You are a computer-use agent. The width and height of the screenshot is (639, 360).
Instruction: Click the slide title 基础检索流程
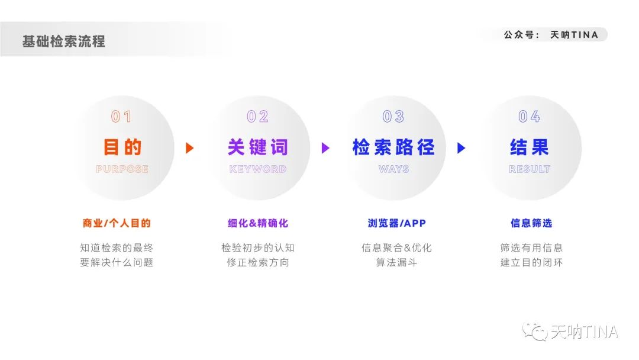point(64,41)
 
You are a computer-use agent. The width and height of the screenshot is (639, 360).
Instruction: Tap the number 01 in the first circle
point(122,117)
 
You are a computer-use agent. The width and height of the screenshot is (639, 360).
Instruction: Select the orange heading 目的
point(122,147)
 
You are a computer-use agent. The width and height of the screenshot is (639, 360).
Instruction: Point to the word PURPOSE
point(122,169)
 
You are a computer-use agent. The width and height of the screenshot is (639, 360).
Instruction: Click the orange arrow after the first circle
point(189,148)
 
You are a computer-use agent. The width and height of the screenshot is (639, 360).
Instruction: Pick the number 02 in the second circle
point(258,117)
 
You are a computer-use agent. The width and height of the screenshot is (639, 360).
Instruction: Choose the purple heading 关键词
point(258,147)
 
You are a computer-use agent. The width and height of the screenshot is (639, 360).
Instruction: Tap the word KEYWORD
point(258,169)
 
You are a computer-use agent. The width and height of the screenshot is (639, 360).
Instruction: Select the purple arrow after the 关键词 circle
point(325,148)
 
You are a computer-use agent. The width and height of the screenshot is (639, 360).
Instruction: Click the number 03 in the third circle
point(393,117)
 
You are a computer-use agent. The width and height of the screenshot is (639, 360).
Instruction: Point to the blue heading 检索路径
point(393,147)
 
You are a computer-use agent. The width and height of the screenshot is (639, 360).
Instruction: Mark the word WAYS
point(393,169)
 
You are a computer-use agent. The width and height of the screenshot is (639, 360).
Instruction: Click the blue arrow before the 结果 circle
point(461,148)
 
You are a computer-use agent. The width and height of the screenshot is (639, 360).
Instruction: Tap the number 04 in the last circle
point(530,117)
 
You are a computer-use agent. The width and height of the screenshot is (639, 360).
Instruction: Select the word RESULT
point(530,169)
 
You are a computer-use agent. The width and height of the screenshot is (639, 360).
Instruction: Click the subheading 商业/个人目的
point(117,223)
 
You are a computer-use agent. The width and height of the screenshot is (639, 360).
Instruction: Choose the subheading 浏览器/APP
point(396,223)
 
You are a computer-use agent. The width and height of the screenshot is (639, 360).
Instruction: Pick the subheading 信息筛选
point(531,223)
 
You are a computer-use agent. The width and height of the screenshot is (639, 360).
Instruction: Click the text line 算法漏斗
point(396,262)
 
